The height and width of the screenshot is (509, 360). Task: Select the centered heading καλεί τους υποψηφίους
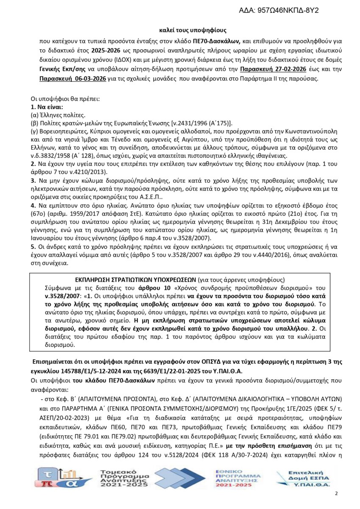coord(193,31)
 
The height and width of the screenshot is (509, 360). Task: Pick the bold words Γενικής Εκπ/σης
coord(63,69)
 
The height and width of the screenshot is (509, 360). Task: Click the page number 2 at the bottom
coord(336,494)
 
